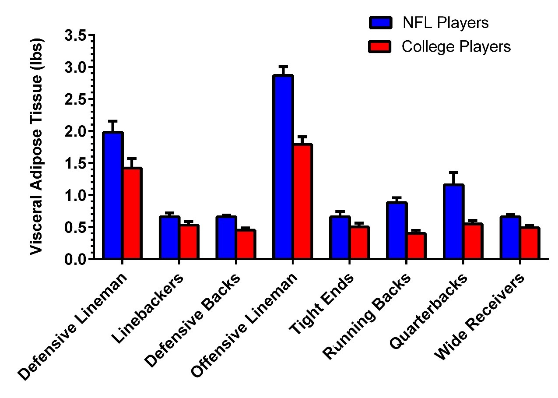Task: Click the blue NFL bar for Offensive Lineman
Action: coord(283,167)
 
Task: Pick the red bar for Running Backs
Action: coord(416,246)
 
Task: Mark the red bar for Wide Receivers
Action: coord(530,243)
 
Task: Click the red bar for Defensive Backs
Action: coord(245,244)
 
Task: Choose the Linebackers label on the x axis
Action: coord(147,309)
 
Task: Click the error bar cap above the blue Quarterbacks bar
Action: coord(454,173)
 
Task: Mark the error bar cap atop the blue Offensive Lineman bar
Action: coord(283,67)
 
